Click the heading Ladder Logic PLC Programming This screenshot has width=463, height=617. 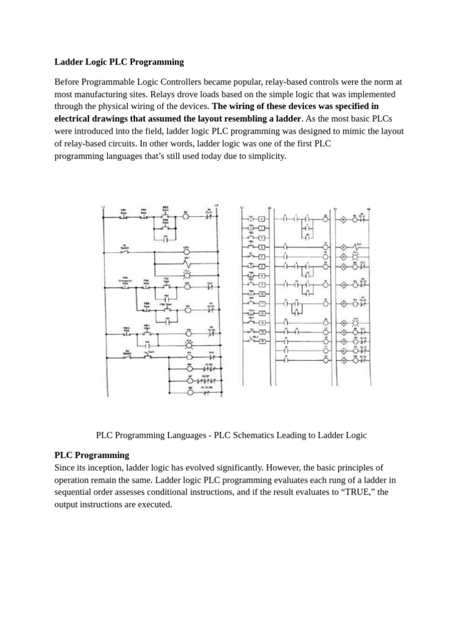click(119, 61)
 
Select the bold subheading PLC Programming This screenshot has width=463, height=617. click(92, 455)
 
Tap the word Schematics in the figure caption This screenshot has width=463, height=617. click(253, 434)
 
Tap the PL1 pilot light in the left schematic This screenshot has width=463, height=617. click(189, 341)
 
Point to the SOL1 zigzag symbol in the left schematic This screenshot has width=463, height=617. click(187, 264)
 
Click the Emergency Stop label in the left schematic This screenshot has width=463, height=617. click(127, 281)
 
